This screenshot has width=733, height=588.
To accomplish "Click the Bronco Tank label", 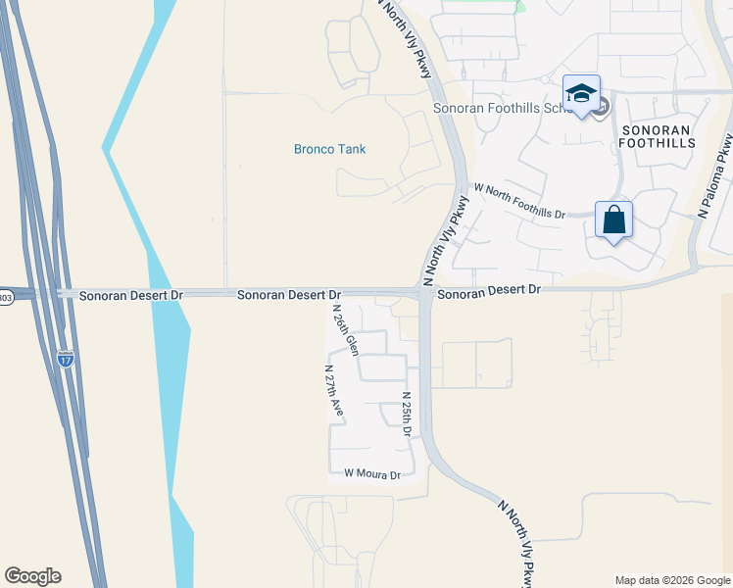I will [x=329, y=149].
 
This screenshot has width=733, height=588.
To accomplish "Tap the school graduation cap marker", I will [x=581, y=93].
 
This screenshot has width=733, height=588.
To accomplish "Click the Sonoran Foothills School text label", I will [x=503, y=108].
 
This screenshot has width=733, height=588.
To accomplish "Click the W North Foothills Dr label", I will [x=519, y=200].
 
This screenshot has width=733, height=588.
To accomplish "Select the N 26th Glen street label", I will [x=345, y=331].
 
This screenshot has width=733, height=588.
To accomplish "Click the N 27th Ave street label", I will [x=333, y=393].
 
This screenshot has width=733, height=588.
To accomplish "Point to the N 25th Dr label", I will [x=407, y=415].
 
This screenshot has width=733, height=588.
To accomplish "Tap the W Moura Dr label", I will [x=372, y=474].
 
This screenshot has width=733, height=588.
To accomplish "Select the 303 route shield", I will [x=6, y=297].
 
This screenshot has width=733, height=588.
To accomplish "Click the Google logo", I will [x=32, y=576].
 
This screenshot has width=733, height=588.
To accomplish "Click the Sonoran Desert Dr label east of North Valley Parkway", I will [x=489, y=290].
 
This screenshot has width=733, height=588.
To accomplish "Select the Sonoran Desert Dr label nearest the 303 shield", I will [x=131, y=294].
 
